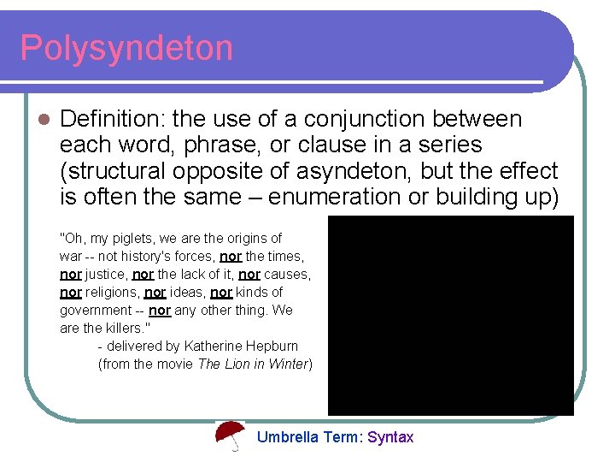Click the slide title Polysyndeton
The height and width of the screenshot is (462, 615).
pyautogui.click(x=126, y=48)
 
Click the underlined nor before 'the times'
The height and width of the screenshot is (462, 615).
pyautogui.click(x=231, y=256)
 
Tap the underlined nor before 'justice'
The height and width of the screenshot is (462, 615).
pyautogui.click(x=71, y=274)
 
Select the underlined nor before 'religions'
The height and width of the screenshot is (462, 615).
pyautogui.click(x=71, y=292)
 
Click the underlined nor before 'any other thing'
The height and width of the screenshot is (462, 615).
pyautogui.click(x=160, y=310)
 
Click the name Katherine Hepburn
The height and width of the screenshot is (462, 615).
pyautogui.click(x=241, y=346)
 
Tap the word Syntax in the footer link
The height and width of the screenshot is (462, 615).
pyautogui.click(x=390, y=437)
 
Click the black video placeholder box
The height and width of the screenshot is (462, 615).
pyautogui.click(x=450, y=315)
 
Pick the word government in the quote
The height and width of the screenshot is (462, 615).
pyautogui.click(x=96, y=310)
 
